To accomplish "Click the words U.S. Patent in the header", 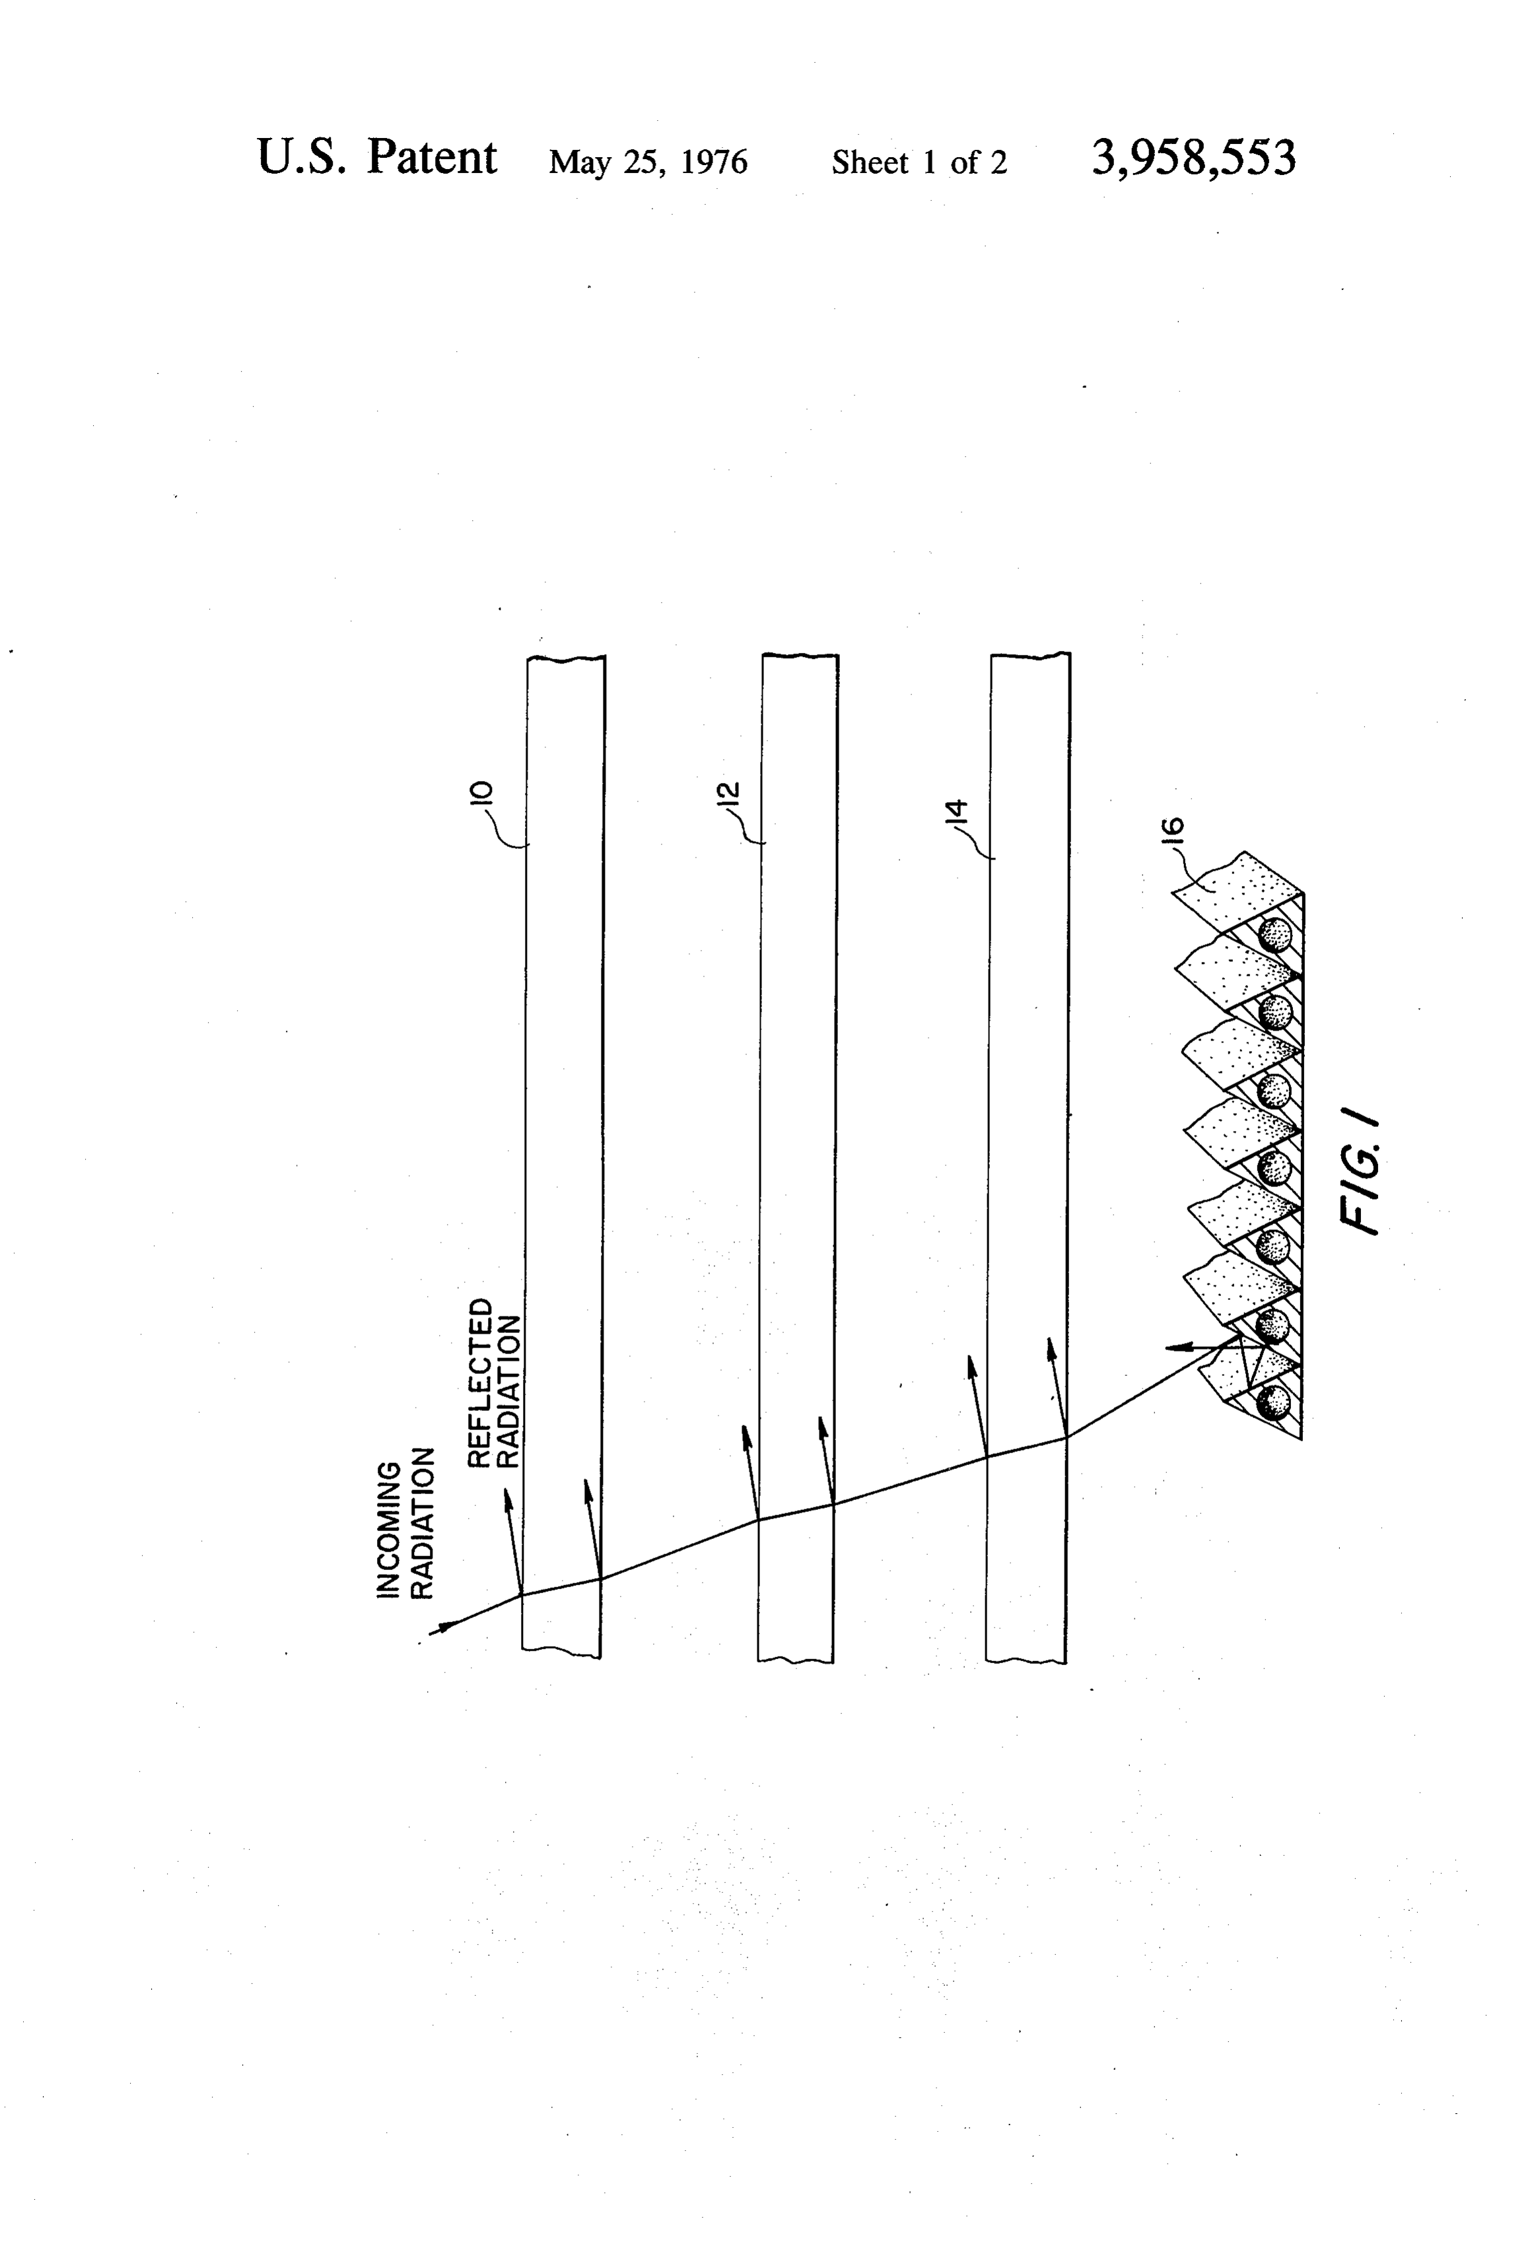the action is pos(376,158).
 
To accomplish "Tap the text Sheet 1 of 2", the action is pos(919,162).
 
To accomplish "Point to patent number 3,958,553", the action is pos(1193,158).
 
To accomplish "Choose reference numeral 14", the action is pos(956,811).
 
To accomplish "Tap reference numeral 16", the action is pos(1171,831).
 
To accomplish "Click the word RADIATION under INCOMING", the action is pos(421,1523).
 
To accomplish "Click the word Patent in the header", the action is pos(432,158).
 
